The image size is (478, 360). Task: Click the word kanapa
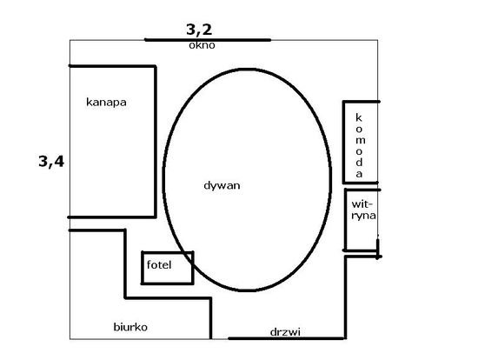click(x=106, y=103)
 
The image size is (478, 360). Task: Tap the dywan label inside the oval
click(x=222, y=186)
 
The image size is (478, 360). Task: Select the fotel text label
click(x=159, y=264)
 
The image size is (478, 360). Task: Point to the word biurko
click(x=130, y=327)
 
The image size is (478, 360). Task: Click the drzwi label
click(x=285, y=332)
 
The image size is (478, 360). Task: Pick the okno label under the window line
click(x=202, y=45)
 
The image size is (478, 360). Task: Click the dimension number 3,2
click(x=199, y=30)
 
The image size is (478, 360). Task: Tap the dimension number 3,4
click(x=51, y=161)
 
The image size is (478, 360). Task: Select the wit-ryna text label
click(x=363, y=210)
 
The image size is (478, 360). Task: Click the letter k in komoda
click(x=359, y=117)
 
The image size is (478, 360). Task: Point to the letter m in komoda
click(x=360, y=141)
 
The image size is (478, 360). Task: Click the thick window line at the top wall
click(x=208, y=40)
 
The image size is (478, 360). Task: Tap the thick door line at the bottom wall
click(x=287, y=338)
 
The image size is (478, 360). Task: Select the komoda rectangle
click(x=344, y=142)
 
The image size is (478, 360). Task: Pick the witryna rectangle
click(x=346, y=220)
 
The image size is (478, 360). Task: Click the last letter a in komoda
click(x=359, y=174)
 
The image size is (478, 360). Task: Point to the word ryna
click(x=363, y=216)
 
